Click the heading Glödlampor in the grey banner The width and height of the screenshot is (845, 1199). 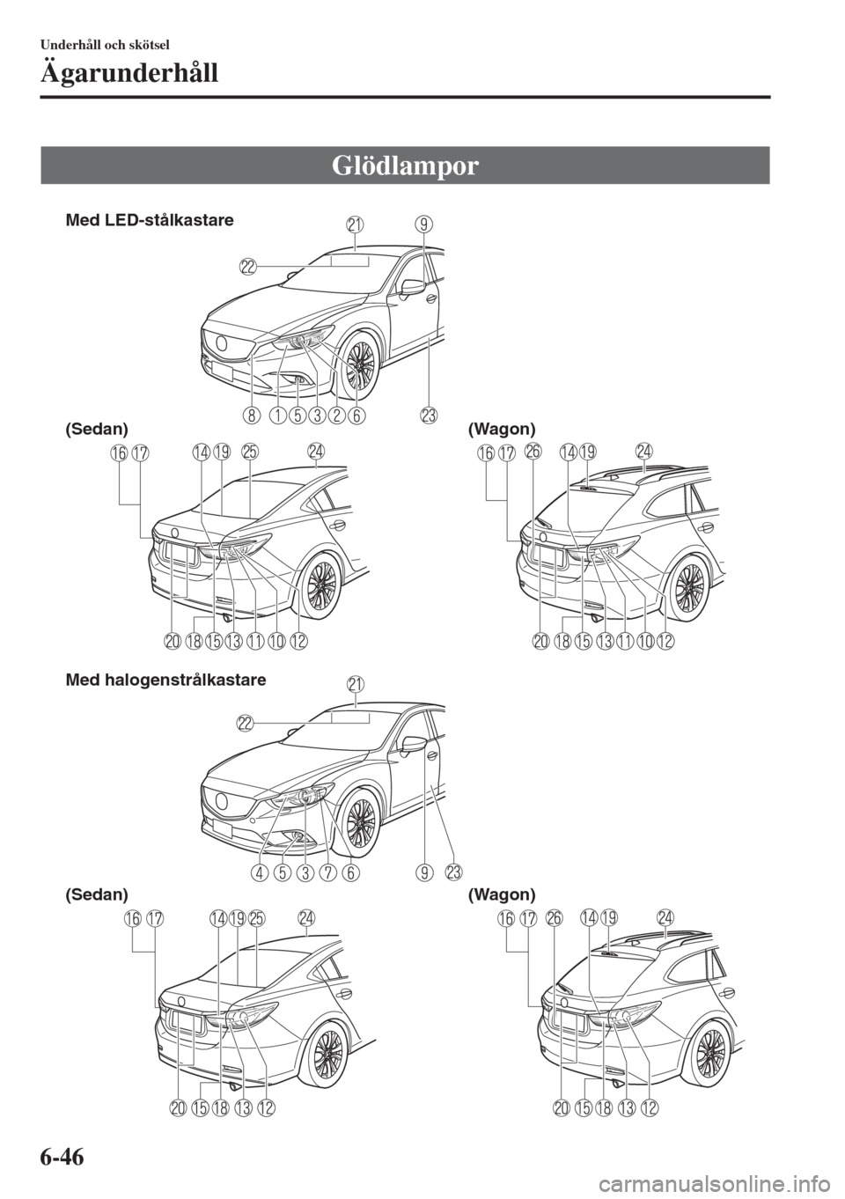tap(405, 166)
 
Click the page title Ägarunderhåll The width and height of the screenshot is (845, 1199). tap(129, 73)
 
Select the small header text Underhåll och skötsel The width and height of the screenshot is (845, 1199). tap(105, 45)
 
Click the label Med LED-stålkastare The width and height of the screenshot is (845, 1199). tap(150, 220)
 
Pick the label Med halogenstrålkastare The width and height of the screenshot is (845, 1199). tap(165, 680)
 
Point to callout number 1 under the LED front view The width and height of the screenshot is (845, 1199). tap(277, 415)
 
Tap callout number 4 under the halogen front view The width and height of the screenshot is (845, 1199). tap(259, 873)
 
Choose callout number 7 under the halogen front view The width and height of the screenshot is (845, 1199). tap(325, 873)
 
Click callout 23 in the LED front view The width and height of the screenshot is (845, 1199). tap(429, 415)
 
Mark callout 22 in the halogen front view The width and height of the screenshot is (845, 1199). tap(246, 723)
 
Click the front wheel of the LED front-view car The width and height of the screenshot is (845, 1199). tap(358, 364)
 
